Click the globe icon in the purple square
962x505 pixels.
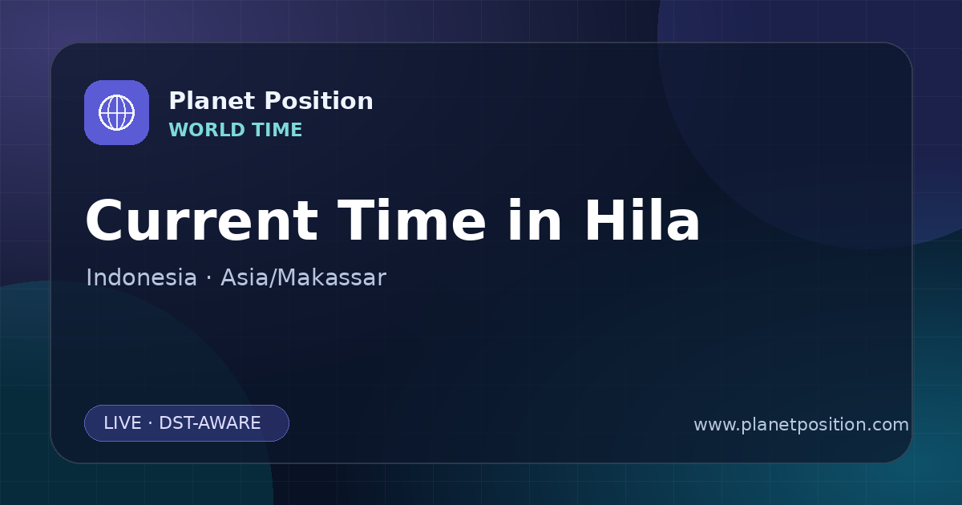coord(116,112)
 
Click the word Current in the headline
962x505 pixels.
coord(202,220)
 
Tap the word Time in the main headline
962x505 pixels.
coord(412,220)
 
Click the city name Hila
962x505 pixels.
coord(642,220)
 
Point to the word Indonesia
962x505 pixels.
coord(141,277)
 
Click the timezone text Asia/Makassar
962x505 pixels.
coord(303,277)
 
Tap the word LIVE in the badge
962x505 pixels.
coord(123,423)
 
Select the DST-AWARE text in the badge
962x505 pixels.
coord(209,423)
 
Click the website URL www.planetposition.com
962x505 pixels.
coord(801,425)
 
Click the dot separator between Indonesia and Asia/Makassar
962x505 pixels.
coord(208,278)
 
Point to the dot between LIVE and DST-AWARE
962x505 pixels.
coord(151,423)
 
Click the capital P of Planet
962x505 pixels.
coord(177,101)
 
